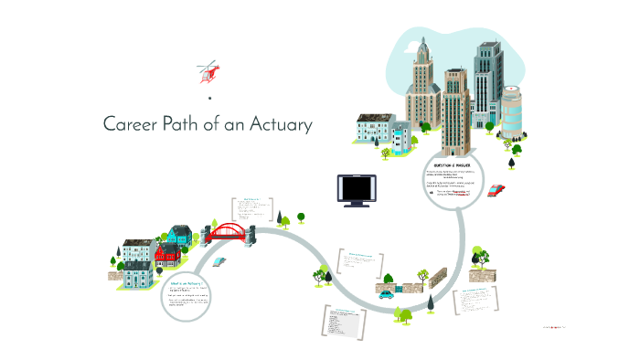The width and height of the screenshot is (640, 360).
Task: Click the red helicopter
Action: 209,70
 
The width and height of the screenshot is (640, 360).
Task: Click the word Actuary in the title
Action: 283,125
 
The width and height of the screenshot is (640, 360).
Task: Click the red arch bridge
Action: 229,232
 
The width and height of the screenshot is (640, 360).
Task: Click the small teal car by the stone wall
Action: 387,294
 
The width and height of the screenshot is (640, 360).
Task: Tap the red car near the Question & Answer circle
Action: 496,191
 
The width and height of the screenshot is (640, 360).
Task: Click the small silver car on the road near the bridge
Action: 219,260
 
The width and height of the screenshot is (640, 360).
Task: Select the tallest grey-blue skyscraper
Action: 486,87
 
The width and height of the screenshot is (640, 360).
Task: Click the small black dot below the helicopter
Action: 209,97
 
